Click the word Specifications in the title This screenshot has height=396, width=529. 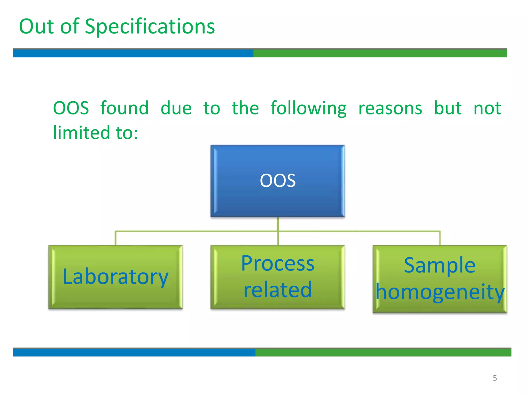150,27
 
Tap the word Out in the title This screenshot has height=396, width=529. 36,27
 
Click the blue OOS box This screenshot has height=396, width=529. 278,180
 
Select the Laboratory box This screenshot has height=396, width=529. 115,277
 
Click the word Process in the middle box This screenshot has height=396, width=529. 278,263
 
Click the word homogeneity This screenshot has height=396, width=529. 440,292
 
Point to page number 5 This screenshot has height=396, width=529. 495,378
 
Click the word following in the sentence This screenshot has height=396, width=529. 308,108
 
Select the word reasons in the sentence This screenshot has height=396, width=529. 390,108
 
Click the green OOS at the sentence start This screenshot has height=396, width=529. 71,108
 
